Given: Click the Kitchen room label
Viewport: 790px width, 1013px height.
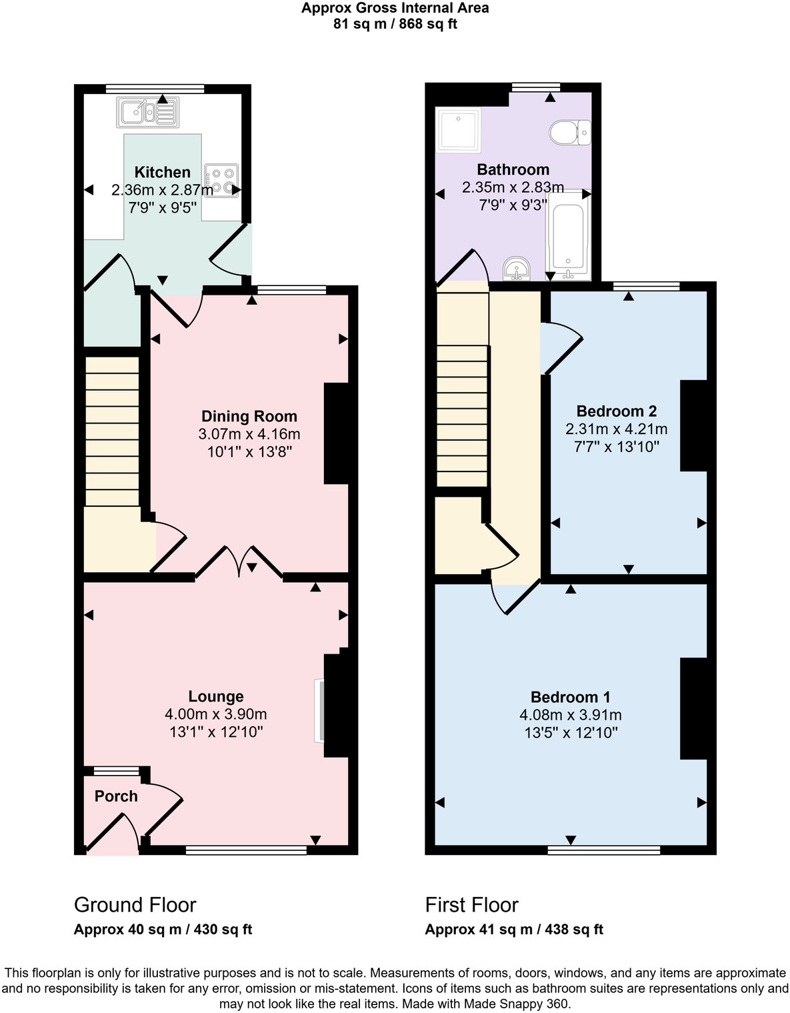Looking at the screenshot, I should point(162,172).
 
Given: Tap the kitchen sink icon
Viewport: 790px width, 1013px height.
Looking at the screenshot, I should point(148,111).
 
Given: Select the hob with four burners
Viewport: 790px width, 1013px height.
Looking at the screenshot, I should point(221,181).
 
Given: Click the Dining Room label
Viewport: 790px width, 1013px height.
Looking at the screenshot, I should point(249,417).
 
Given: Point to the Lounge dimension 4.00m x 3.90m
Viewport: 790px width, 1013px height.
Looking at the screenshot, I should point(216,714).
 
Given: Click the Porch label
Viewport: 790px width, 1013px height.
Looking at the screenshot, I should point(116,796).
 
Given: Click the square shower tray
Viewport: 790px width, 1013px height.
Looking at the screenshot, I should point(458,129).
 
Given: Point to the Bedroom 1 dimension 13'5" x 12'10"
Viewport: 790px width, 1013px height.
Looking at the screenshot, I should point(571,733).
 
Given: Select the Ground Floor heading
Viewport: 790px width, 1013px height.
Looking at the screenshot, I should point(135,905).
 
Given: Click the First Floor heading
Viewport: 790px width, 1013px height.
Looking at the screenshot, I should point(471,905).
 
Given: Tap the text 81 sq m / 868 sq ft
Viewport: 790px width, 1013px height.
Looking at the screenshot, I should point(395,25).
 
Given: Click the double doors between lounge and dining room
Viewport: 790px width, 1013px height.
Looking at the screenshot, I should point(239,562).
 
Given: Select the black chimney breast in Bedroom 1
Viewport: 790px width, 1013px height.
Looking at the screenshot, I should point(693,708).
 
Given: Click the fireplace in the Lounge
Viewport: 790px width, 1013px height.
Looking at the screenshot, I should point(319,710).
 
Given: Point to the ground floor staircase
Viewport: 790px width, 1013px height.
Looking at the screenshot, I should point(112,431).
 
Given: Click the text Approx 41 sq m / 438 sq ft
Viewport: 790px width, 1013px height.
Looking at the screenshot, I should point(514,930).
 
